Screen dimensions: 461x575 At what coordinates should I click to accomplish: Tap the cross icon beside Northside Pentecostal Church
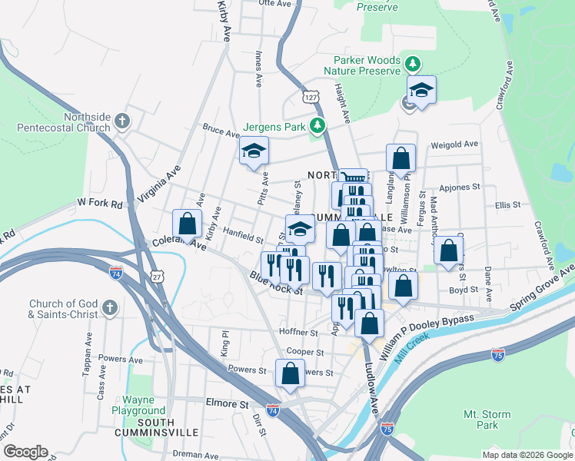coord(122,121)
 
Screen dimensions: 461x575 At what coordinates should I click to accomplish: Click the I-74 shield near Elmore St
coord(273,411)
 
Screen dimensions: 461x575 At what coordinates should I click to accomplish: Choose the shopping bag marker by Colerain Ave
coord(187,224)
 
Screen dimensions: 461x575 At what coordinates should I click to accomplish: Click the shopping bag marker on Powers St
coord(291,374)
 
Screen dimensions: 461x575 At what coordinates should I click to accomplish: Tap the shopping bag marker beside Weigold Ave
coord(401,158)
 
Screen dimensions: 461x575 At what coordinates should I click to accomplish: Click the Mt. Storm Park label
coord(487,420)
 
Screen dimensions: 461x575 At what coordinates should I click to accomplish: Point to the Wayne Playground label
coord(143,405)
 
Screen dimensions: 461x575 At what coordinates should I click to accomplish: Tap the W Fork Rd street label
coord(99,204)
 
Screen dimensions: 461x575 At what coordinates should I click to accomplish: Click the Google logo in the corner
coord(25,452)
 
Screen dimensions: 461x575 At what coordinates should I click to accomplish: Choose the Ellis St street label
coord(508,205)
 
